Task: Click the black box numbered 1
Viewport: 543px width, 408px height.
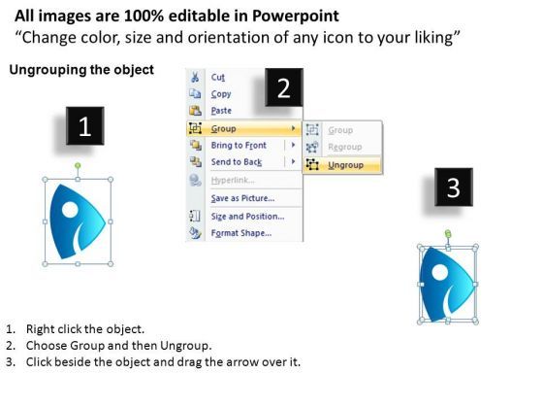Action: tap(85, 126)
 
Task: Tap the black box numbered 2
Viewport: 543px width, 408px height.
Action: tap(284, 87)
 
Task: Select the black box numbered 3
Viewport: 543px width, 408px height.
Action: tap(454, 187)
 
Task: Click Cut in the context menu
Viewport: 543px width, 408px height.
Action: tap(218, 77)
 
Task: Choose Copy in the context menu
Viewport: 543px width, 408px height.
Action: tap(221, 94)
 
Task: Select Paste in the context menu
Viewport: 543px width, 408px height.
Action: tap(221, 111)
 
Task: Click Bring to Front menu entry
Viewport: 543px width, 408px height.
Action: tap(239, 145)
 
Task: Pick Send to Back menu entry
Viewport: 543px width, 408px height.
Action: tap(237, 162)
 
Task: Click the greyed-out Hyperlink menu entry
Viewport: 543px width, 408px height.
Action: tap(233, 180)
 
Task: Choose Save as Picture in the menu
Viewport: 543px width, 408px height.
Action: tap(242, 198)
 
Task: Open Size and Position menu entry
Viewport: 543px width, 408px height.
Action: tap(247, 216)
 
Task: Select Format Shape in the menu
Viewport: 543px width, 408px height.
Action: tap(241, 233)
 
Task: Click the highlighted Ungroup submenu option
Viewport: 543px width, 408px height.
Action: tap(345, 165)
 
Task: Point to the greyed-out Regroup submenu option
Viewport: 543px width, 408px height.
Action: tap(345, 147)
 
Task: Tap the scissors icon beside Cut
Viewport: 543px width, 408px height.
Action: tap(195, 77)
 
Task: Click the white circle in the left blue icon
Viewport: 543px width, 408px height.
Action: tap(70, 209)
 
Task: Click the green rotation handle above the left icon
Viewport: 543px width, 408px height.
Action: tap(78, 166)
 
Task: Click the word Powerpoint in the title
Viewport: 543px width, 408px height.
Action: tap(296, 16)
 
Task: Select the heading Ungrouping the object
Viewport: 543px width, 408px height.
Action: tap(81, 70)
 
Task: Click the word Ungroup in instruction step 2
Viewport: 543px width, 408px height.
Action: tap(185, 346)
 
